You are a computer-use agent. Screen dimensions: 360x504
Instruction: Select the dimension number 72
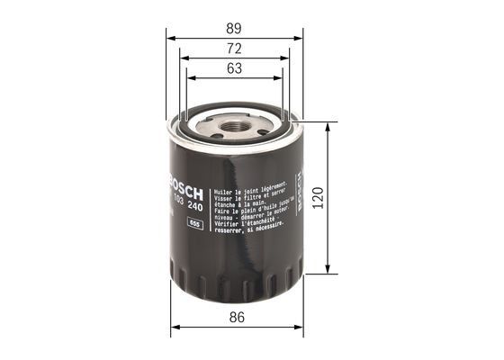pos(235,49)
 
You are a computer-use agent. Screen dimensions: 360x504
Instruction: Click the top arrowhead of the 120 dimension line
pos(327,126)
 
